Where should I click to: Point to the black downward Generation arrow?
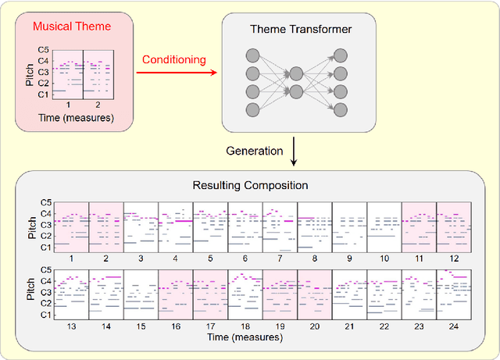(293, 151)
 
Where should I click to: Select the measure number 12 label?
(453, 258)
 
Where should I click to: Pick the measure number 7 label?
(280, 258)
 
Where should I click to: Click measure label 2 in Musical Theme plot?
(98, 104)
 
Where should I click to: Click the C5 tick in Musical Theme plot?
(44, 49)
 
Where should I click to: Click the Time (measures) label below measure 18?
(244, 337)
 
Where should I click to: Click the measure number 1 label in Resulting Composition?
(71, 258)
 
